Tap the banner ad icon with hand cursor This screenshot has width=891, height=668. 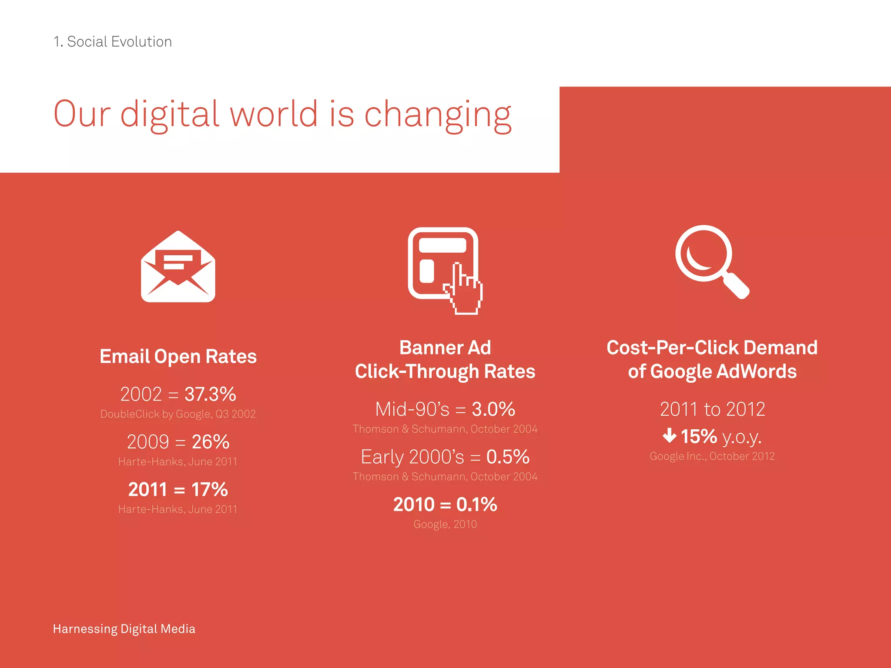[444, 267]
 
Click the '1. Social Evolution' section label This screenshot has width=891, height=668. [112, 42]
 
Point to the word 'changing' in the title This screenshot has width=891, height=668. [437, 115]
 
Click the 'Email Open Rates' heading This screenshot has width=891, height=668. [178, 356]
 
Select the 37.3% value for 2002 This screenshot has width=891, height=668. [210, 394]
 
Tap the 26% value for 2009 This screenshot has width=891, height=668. [211, 442]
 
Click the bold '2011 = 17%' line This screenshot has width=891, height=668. [178, 490]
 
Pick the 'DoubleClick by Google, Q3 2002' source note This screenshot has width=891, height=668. [178, 414]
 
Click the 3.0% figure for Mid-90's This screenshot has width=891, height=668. [493, 409]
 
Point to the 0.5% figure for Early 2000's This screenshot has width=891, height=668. [508, 457]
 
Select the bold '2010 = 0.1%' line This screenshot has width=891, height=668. [445, 504]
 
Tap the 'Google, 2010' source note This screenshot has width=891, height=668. [445, 524]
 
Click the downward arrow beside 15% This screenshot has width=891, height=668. [669, 435]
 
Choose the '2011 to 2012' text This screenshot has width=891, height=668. [712, 409]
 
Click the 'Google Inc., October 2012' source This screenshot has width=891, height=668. [712, 456]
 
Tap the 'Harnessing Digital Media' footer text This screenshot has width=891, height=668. [124, 629]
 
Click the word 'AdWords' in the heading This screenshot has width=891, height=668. [756, 371]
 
